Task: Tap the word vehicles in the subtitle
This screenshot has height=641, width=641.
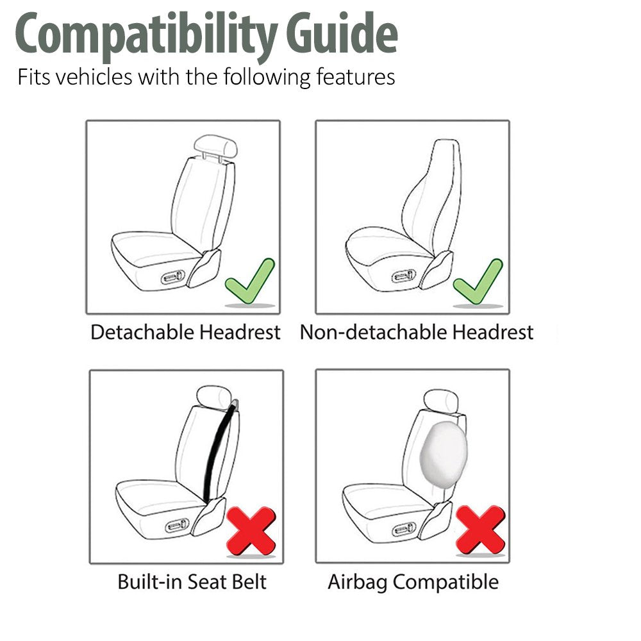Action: (x=92, y=78)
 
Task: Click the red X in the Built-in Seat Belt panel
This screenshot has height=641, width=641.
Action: (x=251, y=531)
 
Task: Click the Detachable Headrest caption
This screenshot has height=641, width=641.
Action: (x=185, y=332)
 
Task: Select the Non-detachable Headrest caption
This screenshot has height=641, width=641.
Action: (x=416, y=332)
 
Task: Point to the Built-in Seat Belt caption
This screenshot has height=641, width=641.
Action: (x=192, y=582)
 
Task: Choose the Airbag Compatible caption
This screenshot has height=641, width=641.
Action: (x=413, y=582)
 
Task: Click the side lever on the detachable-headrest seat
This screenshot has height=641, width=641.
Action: (x=173, y=278)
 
